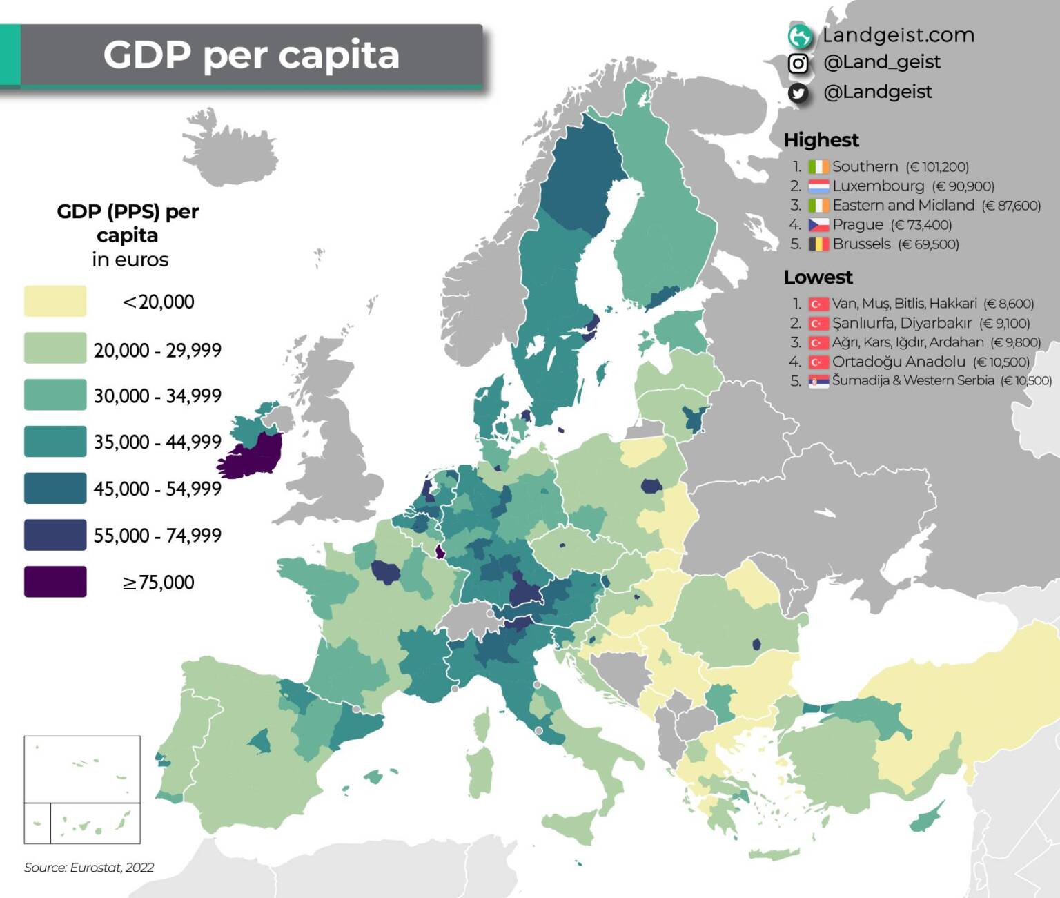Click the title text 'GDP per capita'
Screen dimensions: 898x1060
[x=251, y=55]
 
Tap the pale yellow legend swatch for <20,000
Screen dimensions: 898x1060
[x=55, y=301]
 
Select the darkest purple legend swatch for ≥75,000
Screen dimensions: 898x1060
[x=55, y=581]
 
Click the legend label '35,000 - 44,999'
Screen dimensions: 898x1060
[x=157, y=442]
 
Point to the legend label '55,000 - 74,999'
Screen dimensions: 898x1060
[x=157, y=535]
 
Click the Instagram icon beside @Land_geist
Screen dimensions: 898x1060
[x=798, y=64]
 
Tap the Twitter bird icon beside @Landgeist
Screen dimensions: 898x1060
[x=798, y=92]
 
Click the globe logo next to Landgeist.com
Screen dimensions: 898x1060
[x=800, y=36]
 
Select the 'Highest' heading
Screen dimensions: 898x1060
[x=821, y=140]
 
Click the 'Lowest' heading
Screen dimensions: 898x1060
[x=818, y=277]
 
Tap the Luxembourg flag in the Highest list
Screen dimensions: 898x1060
[x=818, y=186]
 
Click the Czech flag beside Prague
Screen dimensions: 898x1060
[x=818, y=225]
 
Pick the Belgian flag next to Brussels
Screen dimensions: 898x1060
[x=818, y=244]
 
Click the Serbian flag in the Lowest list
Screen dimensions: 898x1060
[x=818, y=381]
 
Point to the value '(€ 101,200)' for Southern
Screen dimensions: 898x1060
[x=937, y=167]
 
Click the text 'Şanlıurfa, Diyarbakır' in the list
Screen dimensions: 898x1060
[x=901, y=323]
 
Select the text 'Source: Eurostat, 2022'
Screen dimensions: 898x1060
[x=89, y=868]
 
